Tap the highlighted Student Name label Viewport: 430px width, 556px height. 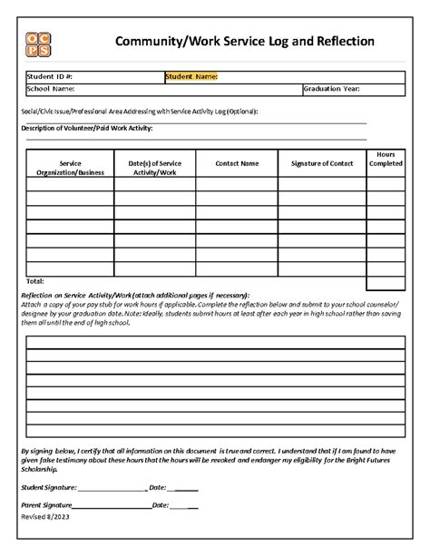[x=191, y=77]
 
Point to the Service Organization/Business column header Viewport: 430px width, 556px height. [x=70, y=167]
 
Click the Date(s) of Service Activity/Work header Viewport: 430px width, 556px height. [x=155, y=167]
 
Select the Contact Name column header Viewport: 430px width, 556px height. [x=237, y=163]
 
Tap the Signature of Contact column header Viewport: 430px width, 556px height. [x=322, y=163]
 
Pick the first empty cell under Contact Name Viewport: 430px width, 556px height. [x=237, y=184]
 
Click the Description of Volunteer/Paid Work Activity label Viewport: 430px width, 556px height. [x=85, y=129]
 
